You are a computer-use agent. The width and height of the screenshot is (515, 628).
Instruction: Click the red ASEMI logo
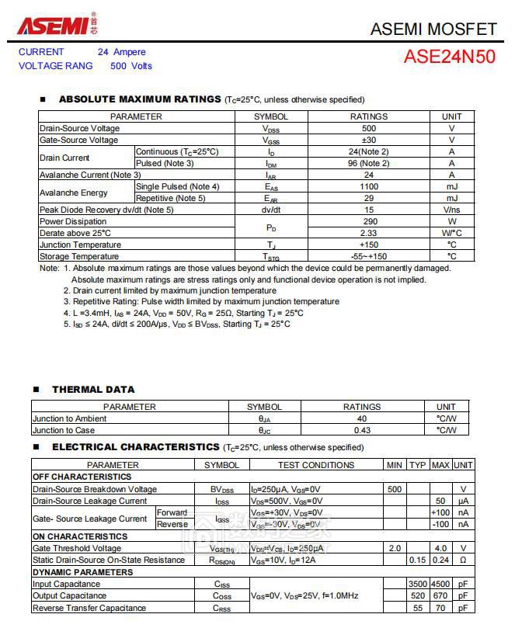(x=53, y=25)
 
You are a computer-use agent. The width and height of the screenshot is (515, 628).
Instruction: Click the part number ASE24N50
(x=449, y=57)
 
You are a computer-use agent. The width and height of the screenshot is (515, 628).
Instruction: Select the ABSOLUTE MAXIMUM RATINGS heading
(x=140, y=99)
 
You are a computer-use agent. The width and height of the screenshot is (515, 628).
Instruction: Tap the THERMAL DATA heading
(x=93, y=390)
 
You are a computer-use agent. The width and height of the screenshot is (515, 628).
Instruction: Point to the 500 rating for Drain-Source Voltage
(x=369, y=129)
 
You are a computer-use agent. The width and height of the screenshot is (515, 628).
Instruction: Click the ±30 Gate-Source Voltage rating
(x=369, y=141)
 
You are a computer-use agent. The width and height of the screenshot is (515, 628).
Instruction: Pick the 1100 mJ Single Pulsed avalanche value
(x=369, y=187)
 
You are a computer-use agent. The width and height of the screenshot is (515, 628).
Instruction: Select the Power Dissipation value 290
(x=369, y=222)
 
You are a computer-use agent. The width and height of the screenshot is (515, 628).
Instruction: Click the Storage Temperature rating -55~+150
(x=369, y=257)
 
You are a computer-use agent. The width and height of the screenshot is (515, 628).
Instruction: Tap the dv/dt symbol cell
(x=271, y=210)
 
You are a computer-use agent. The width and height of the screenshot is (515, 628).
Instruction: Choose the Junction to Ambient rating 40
(x=362, y=419)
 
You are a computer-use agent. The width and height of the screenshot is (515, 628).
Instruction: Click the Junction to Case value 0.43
(x=362, y=431)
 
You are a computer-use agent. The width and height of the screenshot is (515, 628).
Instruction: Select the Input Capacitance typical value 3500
(x=418, y=585)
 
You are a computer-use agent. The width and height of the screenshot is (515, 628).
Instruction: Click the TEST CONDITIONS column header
(x=315, y=466)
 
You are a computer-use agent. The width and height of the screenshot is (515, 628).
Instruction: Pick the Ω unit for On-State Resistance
(x=463, y=560)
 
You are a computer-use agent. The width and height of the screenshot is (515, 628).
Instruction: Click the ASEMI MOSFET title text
(x=433, y=29)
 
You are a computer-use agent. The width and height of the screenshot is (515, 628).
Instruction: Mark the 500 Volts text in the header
(x=131, y=66)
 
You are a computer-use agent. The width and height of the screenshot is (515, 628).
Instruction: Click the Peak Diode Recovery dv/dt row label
(x=106, y=210)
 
